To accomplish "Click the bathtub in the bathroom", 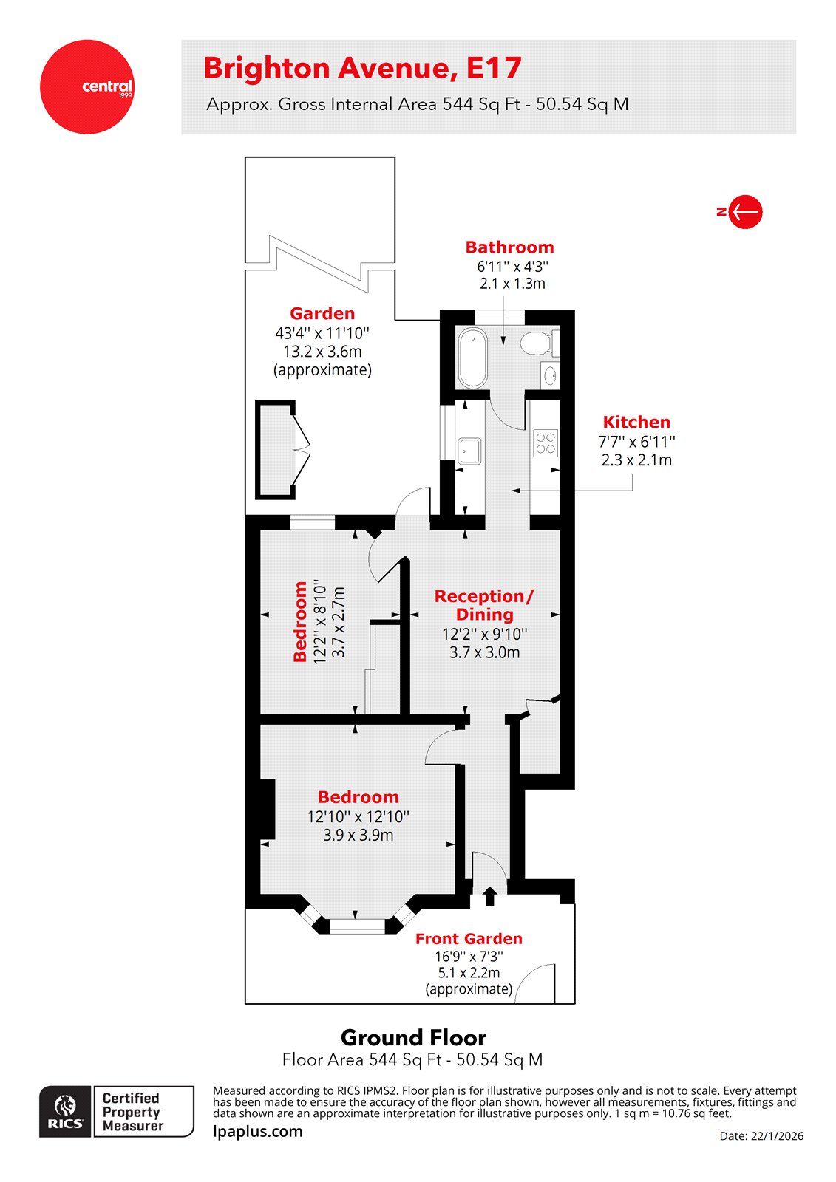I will (x=472, y=358).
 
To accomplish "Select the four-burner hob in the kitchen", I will (x=546, y=443).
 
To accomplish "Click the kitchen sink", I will (x=469, y=450).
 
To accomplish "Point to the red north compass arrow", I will (x=745, y=212).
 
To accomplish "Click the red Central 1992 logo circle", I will (x=87, y=87).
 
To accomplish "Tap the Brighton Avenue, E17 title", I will (x=362, y=69).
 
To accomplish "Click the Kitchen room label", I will (x=636, y=422).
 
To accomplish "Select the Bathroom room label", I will (x=509, y=247).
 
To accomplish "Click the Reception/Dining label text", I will (x=484, y=605).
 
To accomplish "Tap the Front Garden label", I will (x=469, y=939).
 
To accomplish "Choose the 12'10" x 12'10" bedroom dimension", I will (x=358, y=816).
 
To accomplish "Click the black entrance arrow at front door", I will (x=489, y=896).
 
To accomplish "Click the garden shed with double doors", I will (x=275, y=449).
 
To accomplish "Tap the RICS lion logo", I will (x=66, y=1111).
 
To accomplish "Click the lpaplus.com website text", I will (x=257, y=1131).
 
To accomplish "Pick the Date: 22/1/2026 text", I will (x=761, y=1136).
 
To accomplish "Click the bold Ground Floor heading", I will (x=413, y=1037).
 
